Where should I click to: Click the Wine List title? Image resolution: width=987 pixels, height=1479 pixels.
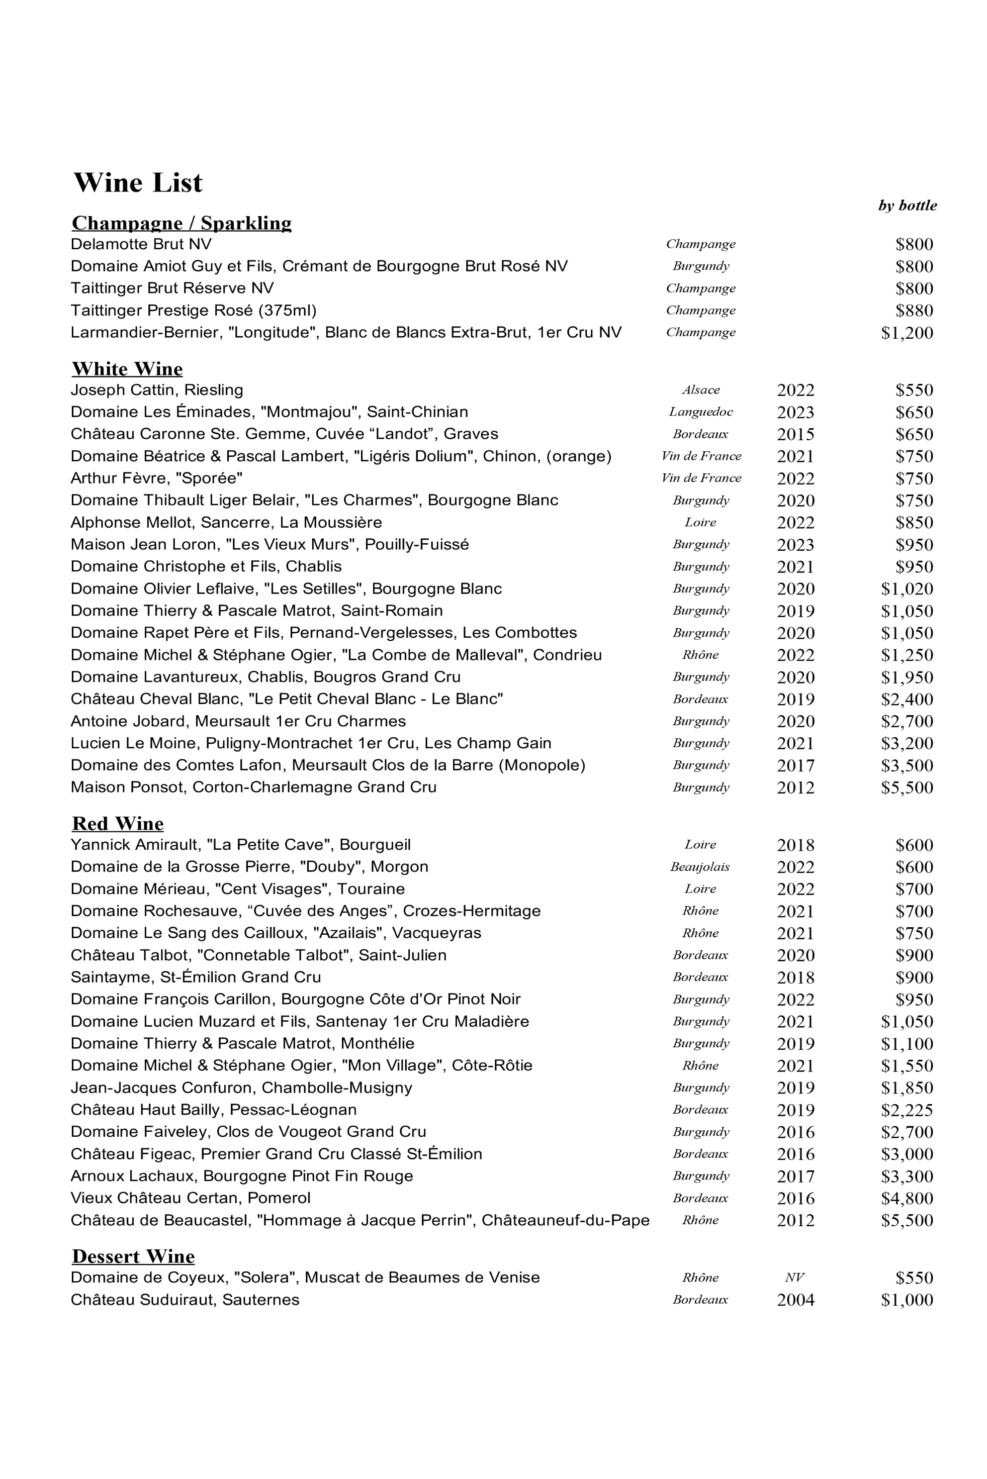(138, 183)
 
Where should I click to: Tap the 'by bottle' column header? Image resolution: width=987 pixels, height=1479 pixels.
(907, 206)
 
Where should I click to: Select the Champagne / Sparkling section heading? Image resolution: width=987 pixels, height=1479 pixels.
(182, 223)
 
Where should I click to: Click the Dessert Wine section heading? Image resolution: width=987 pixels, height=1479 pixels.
(133, 1256)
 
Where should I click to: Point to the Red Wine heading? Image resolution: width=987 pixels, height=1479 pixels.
(118, 824)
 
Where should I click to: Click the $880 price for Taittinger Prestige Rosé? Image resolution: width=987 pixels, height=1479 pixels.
(914, 311)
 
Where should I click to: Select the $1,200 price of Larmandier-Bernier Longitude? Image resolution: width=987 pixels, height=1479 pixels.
(907, 333)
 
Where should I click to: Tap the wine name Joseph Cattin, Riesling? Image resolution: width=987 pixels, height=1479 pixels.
(157, 390)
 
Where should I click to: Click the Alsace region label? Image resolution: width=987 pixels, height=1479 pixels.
(700, 390)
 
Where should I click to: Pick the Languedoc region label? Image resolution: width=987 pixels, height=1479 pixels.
(700, 412)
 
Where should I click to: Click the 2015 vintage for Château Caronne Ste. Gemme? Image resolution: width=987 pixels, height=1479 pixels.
(795, 434)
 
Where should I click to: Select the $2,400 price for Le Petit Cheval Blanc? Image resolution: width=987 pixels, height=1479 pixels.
(907, 700)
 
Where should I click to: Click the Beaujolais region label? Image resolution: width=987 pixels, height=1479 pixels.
(699, 867)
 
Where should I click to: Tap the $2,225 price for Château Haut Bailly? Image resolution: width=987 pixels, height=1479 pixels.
(907, 1110)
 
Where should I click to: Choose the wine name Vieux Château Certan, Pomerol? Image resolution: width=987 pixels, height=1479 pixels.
(190, 1199)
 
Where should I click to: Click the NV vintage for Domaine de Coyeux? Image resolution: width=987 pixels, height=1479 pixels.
(794, 1277)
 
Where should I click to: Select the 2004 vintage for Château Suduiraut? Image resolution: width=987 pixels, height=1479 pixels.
(795, 1300)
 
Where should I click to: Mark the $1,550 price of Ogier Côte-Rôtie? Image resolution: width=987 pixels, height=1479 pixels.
(907, 1066)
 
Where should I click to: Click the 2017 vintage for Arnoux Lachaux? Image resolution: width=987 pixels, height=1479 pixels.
(795, 1176)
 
